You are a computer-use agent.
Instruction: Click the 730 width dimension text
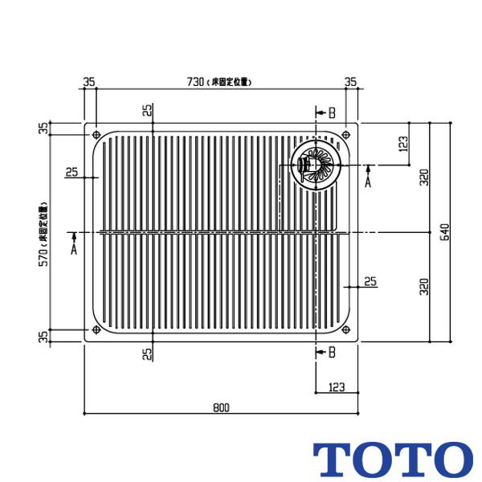pos(196,81)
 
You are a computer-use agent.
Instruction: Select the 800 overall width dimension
pos(222,406)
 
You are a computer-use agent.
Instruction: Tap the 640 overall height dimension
pos(443,233)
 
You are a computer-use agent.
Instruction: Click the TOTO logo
pos(393,459)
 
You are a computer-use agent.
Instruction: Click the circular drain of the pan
pos(314,164)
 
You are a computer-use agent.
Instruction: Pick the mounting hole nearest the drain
pos(346,134)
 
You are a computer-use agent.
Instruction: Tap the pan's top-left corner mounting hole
pos(96,134)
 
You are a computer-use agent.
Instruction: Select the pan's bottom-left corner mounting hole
pos(96,329)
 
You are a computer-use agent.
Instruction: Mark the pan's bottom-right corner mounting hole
pos(346,329)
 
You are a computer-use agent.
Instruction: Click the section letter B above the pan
pos(332,112)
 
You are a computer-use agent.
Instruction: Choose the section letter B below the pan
pos(332,352)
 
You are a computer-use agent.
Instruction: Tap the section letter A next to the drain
pos(368,182)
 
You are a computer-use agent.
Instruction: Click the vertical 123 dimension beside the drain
pos(402,144)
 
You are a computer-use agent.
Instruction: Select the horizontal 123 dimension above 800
pos(337,387)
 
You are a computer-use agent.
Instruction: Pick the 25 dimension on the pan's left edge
pos(71,172)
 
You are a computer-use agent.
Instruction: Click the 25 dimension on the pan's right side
pos(370,281)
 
